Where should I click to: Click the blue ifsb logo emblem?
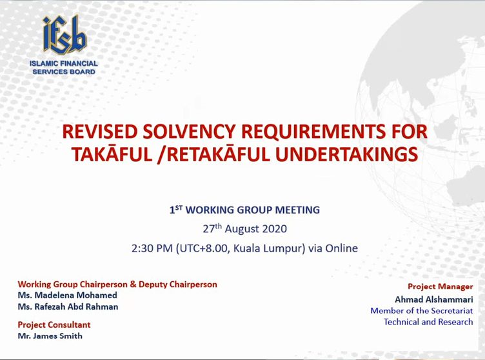click(64, 35)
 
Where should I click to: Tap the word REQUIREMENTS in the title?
click(313, 131)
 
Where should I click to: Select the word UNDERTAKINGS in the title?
click(347, 154)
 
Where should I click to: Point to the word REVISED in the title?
click(99, 131)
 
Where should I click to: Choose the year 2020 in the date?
click(275, 229)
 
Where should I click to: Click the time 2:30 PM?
click(152, 248)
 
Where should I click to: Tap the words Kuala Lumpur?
click(267, 248)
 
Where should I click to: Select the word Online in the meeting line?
click(341, 248)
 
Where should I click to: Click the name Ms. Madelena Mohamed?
click(68, 295)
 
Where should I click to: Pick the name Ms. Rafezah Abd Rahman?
click(68, 306)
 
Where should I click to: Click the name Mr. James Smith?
click(50, 336)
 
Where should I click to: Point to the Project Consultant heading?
click(54, 325)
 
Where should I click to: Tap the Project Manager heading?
click(440, 286)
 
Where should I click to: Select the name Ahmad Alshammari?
click(434, 299)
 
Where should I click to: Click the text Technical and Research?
click(428, 322)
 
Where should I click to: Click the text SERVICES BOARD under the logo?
click(64, 72)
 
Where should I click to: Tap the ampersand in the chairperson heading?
click(133, 284)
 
